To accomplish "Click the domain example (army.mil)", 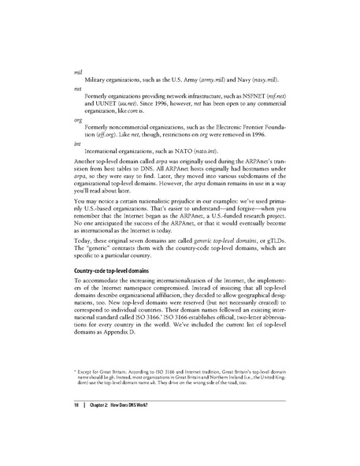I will click(x=213, y=81).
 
